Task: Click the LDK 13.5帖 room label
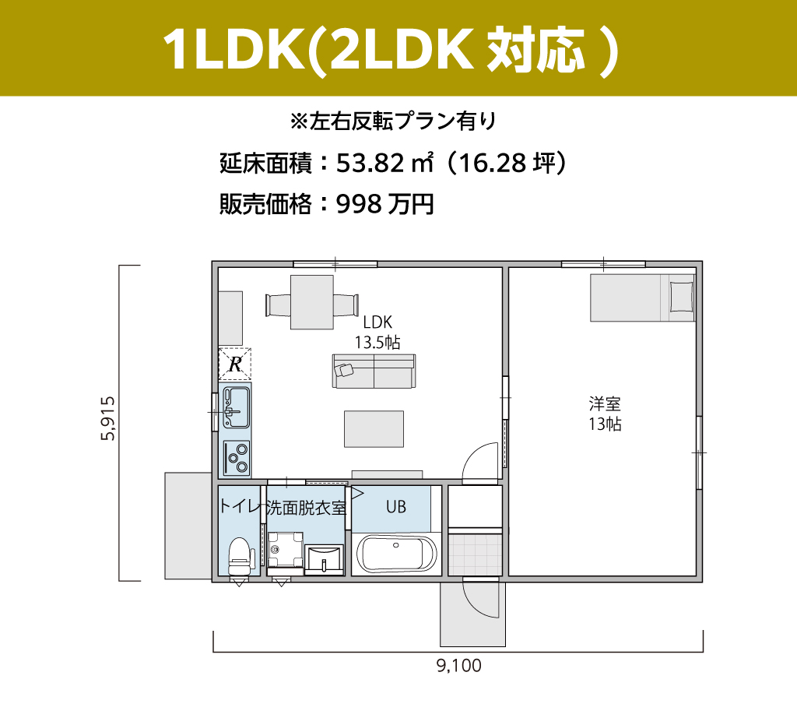pyautogui.click(x=377, y=332)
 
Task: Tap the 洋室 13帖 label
pyautogui.click(x=605, y=414)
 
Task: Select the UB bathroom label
pyautogui.click(x=396, y=506)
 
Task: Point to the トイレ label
pyautogui.click(x=240, y=506)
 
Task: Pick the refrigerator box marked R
pyautogui.click(x=235, y=364)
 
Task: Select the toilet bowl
pyautogui.click(x=239, y=556)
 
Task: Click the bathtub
pyautogui.click(x=396, y=554)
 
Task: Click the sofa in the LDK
pyautogui.click(x=374, y=371)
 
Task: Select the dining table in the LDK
pyautogui.click(x=312, y=302)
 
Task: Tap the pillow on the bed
pyautogui.click(x=682, y=297)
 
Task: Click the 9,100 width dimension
pyautogui.click(x=459, y=666)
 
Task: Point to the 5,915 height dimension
pyautogui.click(x=108, y=418)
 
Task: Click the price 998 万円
pyautogui.click(x=385, y=204)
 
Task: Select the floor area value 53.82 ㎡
pyautogui.click(x=385, y=163)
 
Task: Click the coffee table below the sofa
pyautogui.click(x=374, y=429)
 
